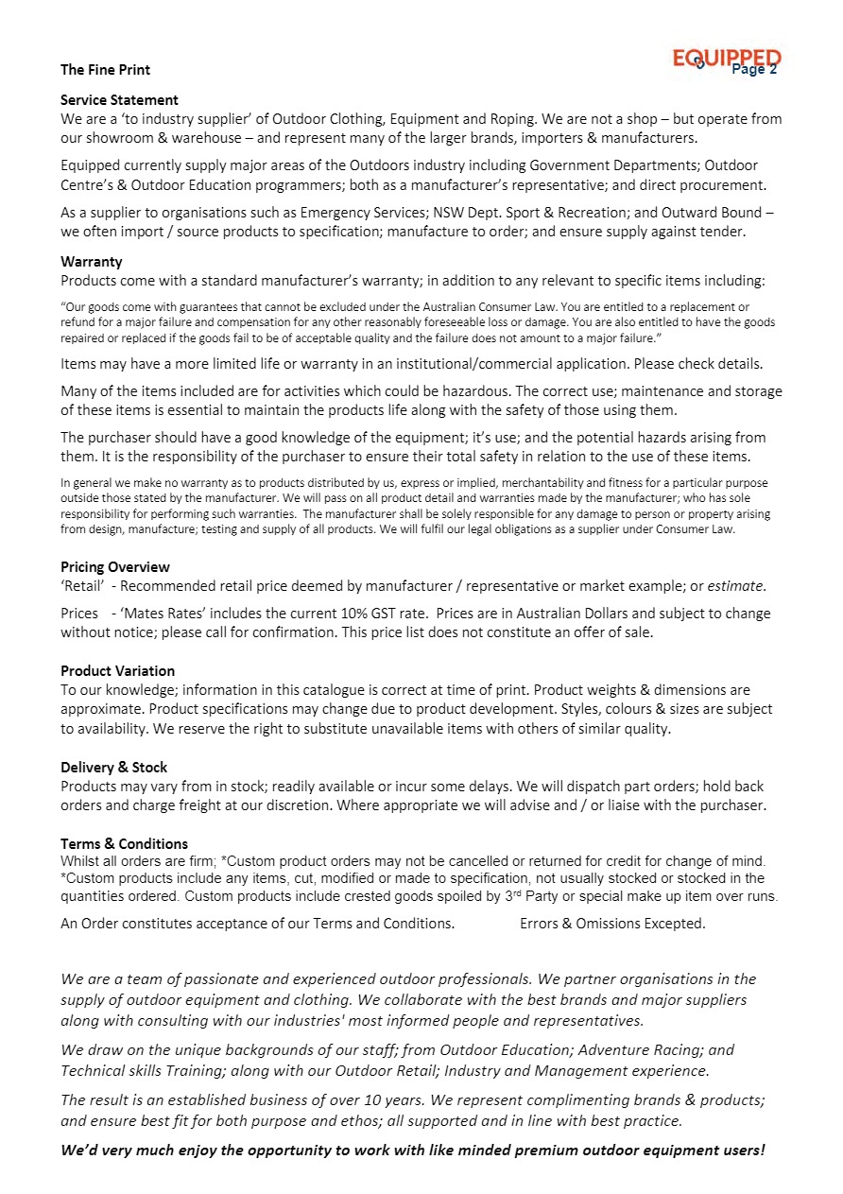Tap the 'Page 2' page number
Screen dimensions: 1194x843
click(x=754, y=69)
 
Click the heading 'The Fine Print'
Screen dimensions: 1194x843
click(x=105, y=70)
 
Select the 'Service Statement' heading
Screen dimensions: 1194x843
click(x=119, y=100)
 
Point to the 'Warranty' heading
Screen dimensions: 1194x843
click(x=92, y=262)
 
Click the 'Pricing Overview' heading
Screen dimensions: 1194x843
click(x=115, y=567)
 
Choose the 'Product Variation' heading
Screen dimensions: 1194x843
click(x=117, y=671)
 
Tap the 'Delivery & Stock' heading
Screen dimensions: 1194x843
click(x=113, y=768)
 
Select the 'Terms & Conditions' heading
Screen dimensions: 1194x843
click(x=124, y=843)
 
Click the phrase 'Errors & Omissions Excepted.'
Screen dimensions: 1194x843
click(x=612, y=924)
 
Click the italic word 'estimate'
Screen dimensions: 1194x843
click(x=736, y=586)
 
